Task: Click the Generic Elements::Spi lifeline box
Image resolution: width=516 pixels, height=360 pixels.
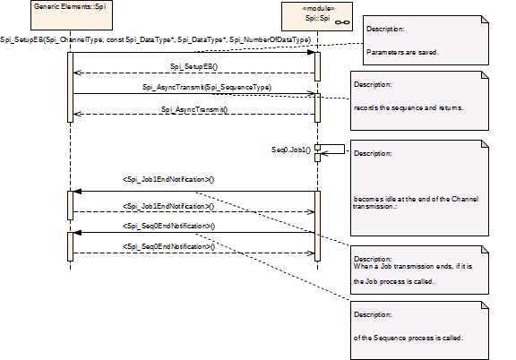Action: pyautogui.click(x=72, y=15)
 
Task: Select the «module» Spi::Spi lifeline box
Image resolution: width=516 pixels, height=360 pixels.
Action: pyautogui.click(x=317, y=16)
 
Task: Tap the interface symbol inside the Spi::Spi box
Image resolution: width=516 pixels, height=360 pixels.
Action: pyautogui.click(x=342, y=22)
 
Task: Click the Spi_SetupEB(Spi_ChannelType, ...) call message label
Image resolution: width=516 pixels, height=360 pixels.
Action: pyautogui.click(x=155, y=39)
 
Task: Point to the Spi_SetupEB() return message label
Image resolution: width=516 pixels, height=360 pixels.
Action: pyautogui.click(x=193, y=66)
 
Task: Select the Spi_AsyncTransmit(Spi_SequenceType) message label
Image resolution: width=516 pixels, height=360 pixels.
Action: pyautogui.click(x=207, y=87)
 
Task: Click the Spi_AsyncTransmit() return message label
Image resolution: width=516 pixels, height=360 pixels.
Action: pyautogui.click(x=194, y=109)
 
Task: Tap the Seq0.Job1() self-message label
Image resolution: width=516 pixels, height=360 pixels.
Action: pyautogui.click(x=291, y=150)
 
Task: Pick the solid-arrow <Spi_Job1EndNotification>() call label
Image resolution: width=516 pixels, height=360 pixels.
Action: pyautogui.click(x=168, y=179)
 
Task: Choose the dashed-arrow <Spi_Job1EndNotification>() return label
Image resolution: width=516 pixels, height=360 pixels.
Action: pyautogui.click(x=168, y=206)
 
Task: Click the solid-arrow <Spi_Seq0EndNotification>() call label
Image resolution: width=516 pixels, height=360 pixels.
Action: pyautogui.click(x=168, y=226)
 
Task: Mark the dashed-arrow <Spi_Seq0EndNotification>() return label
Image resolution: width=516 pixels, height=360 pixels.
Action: pyautogui.click(x=168, y=246)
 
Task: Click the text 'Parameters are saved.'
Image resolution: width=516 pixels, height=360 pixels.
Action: pyautogui.click(x=402, y=52)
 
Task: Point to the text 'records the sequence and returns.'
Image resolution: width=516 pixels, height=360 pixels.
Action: pyautogui.click(x=408, y=107)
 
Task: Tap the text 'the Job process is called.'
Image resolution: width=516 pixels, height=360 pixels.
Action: pyautogui.click(x=394, y=281)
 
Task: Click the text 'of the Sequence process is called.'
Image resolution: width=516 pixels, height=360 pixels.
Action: pyautogui.click(x=408, y=338)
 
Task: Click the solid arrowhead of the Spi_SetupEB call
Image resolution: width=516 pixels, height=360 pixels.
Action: pyautogui.click(x=311, y=52)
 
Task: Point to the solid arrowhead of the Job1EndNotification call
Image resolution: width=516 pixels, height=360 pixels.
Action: pyautogui.click(x=77, y=191)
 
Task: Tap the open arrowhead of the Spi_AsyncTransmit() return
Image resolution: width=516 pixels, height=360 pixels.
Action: pyautogui.click(x=77, y=114)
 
